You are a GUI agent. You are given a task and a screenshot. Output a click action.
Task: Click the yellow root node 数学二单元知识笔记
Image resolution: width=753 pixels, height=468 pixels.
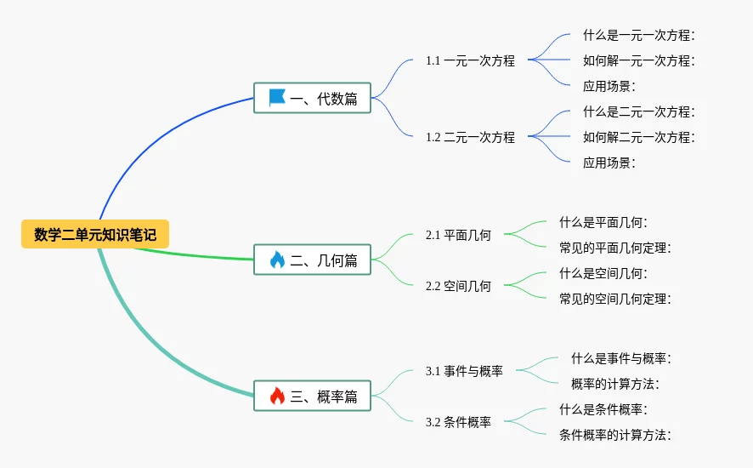pos(95,234)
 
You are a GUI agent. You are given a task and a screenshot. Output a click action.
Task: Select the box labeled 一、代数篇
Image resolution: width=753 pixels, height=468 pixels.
pos(312,98)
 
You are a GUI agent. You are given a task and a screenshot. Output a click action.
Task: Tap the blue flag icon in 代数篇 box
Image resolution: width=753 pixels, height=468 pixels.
pos(277,98)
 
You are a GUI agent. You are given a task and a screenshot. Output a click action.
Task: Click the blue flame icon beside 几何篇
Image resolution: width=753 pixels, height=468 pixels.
pos(277,260)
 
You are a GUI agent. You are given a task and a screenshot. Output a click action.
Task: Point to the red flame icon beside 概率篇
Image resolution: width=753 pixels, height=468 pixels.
pos(277,396)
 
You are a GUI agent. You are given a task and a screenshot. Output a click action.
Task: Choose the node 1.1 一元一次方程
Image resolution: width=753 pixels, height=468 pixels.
pos(470,60)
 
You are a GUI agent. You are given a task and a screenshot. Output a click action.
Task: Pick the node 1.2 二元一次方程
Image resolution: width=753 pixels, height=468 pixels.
pos(470,137)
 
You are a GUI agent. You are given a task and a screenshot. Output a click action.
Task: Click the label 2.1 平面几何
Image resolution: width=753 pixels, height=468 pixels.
pos(458,235)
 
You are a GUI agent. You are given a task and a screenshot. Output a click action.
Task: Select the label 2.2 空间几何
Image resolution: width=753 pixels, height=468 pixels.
pos(458,286)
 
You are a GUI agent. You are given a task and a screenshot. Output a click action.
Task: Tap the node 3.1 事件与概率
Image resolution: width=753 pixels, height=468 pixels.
pos(464,371)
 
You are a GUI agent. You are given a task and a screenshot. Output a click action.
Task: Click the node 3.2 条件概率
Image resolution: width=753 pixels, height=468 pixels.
pos(458,422)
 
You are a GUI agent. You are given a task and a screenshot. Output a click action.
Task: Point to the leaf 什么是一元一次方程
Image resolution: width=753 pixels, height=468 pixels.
pos(639,35)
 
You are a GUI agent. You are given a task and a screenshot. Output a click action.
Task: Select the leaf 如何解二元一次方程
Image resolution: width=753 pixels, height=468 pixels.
pos(639,137)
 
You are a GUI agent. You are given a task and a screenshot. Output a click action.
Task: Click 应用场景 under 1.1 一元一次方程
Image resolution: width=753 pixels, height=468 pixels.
pos(609,86)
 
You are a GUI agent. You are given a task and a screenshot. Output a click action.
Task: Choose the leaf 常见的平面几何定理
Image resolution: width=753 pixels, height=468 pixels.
pos(615,248)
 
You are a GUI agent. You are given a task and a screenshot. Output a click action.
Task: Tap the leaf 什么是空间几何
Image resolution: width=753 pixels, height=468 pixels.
pos(603,273)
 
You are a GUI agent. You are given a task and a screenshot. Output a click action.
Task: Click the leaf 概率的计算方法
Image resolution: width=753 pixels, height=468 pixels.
pos(615,384)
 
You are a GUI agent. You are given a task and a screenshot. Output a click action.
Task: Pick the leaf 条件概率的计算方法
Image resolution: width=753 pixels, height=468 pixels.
pos(615,435)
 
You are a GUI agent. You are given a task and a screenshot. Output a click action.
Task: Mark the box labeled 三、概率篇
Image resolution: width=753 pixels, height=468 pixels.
pos(312,396)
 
